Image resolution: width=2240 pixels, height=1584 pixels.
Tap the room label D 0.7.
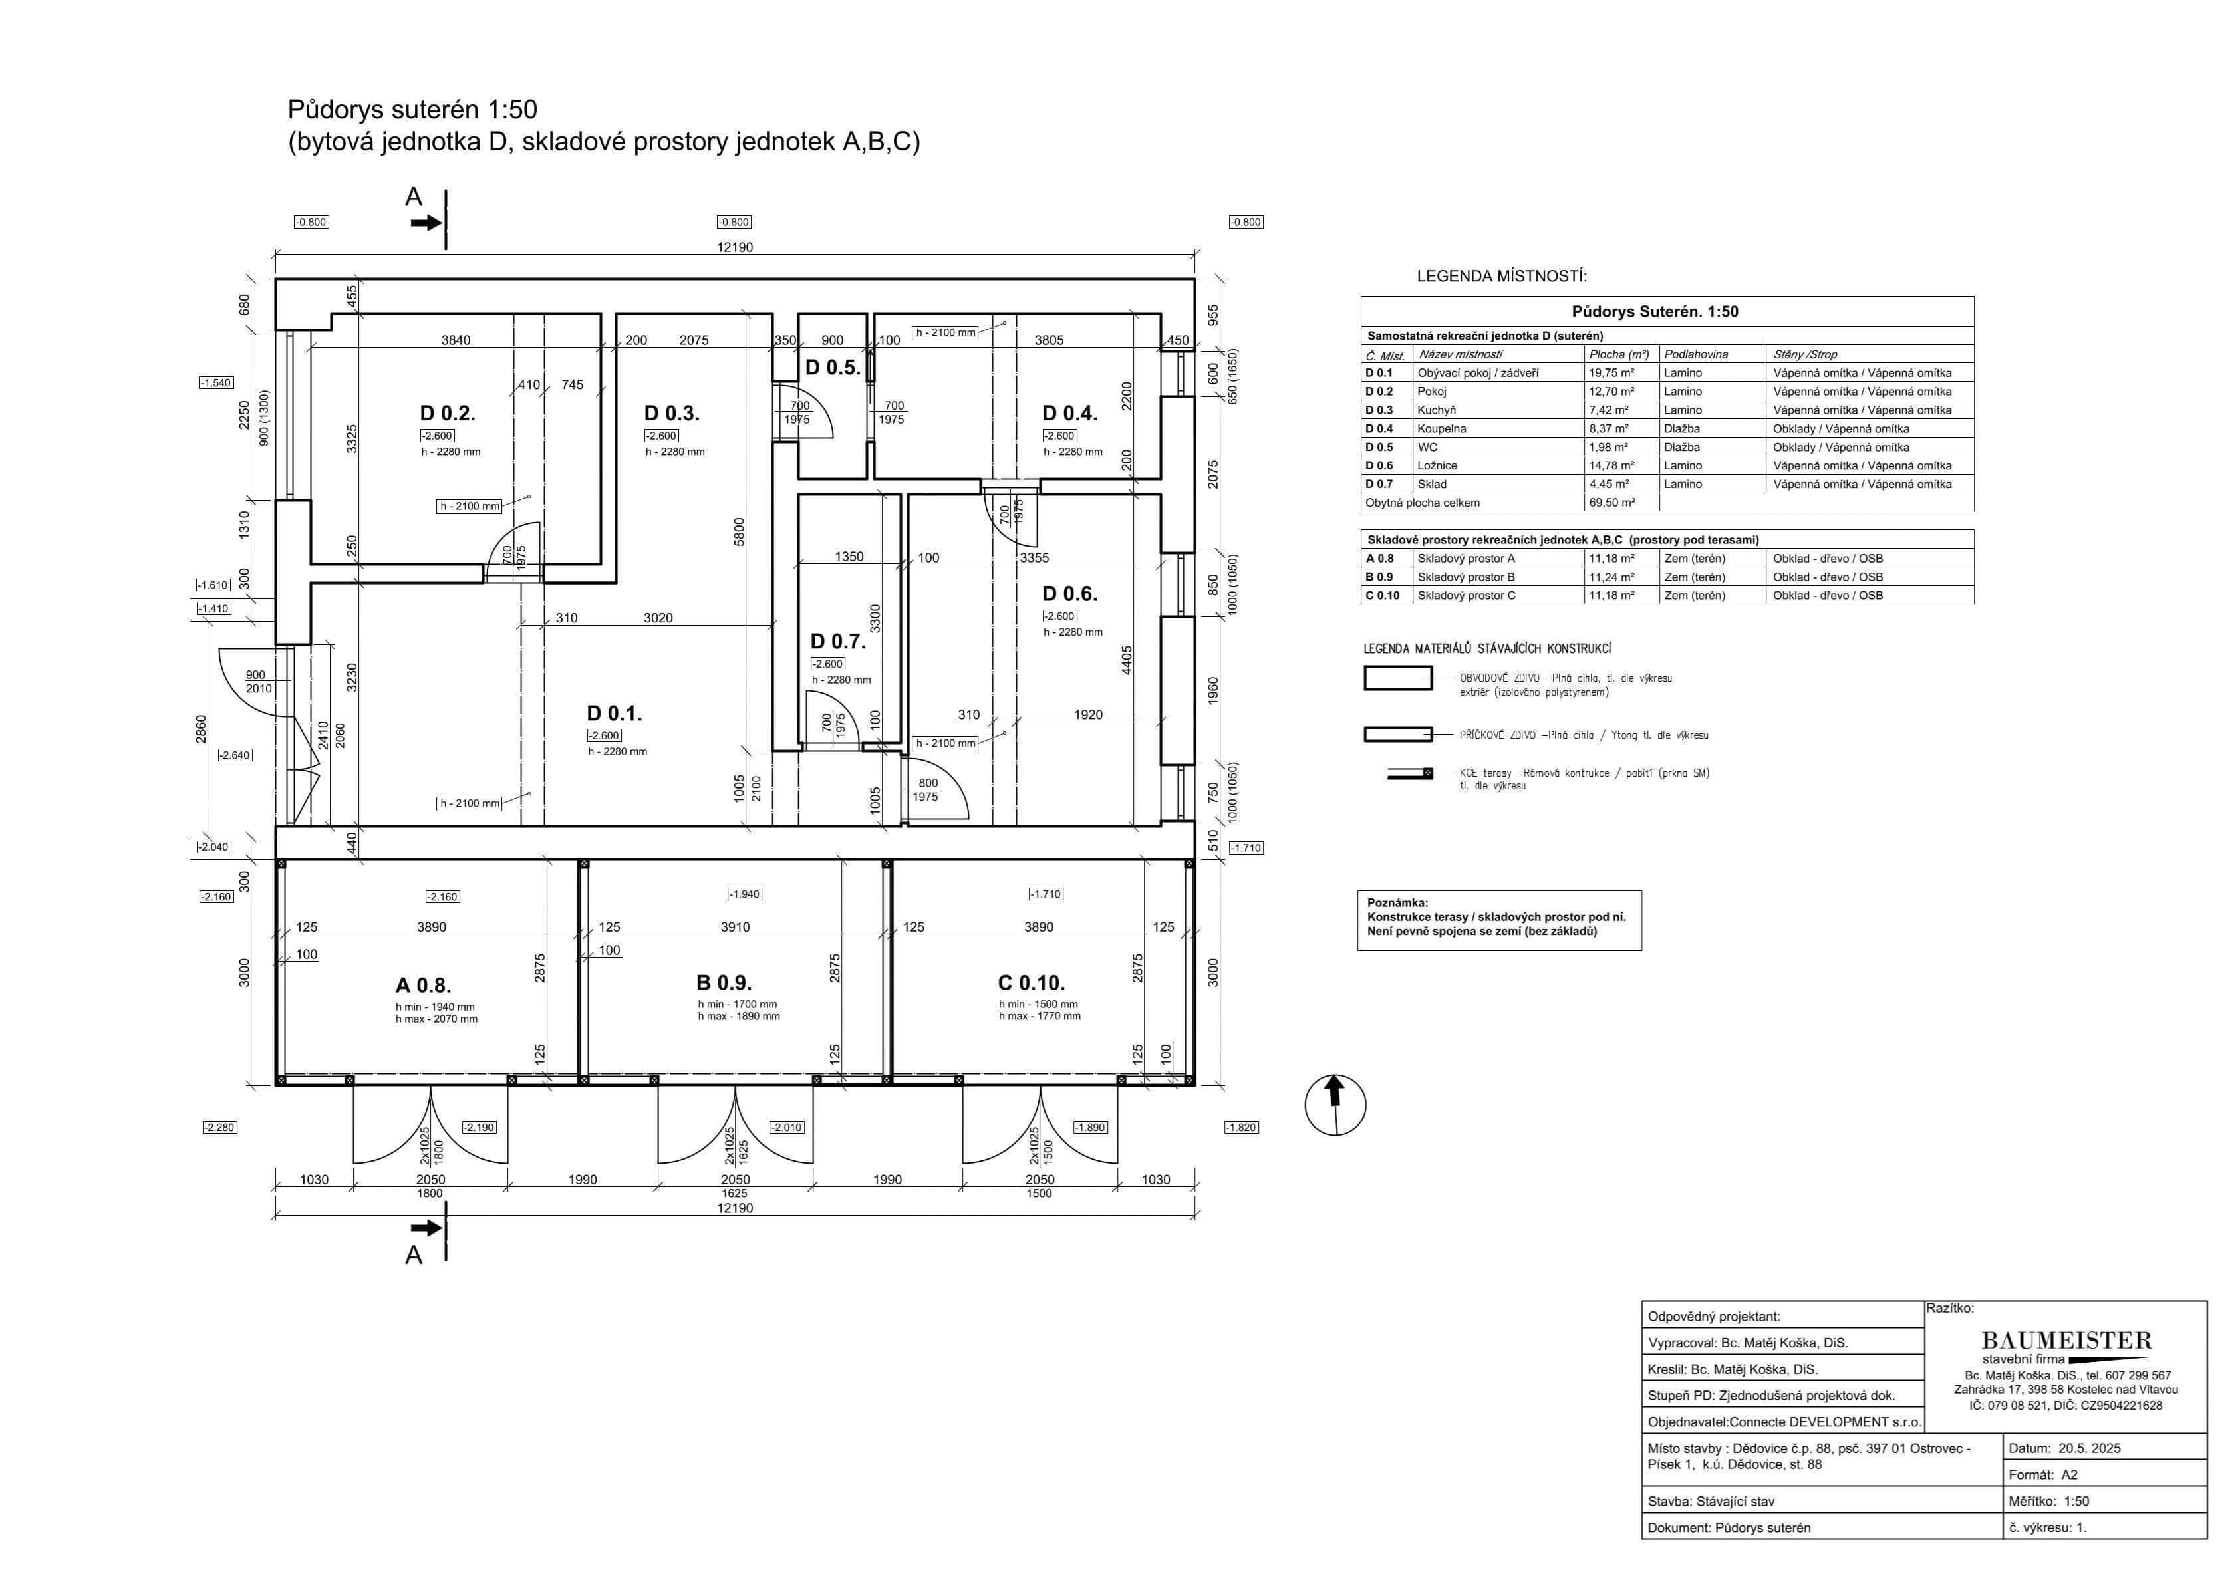pyautogui.click(x=837, y=641)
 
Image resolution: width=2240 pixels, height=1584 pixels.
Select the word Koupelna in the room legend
pyautogui.click(x=1441, y=428)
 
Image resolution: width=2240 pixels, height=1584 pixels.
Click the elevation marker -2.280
pyautogui.click(x=219, y=1128)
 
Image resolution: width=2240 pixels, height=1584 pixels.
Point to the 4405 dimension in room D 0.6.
pyautogui.click(x=1127, y=660)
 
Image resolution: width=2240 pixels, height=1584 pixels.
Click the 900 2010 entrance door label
pyautogui.click(x=257, y=681)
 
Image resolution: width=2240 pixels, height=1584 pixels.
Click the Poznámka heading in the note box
pyautogui.click(x=1397, y=903)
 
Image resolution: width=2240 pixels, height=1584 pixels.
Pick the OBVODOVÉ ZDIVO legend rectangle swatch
pyautogui.click(x=1397, y=678)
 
